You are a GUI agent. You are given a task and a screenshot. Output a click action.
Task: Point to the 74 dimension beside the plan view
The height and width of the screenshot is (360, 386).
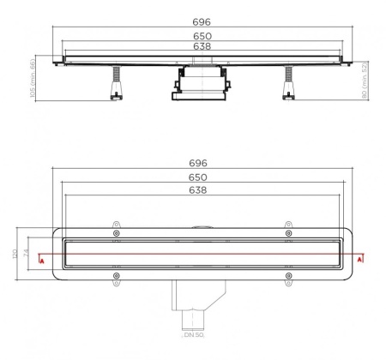click(x=26, y=255)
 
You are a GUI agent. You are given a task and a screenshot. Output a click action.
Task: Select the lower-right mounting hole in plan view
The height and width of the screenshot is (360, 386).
click(x=288, y=275)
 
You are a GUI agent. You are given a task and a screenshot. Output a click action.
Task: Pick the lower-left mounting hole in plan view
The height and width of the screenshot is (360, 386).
click(x=117, y=275)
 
